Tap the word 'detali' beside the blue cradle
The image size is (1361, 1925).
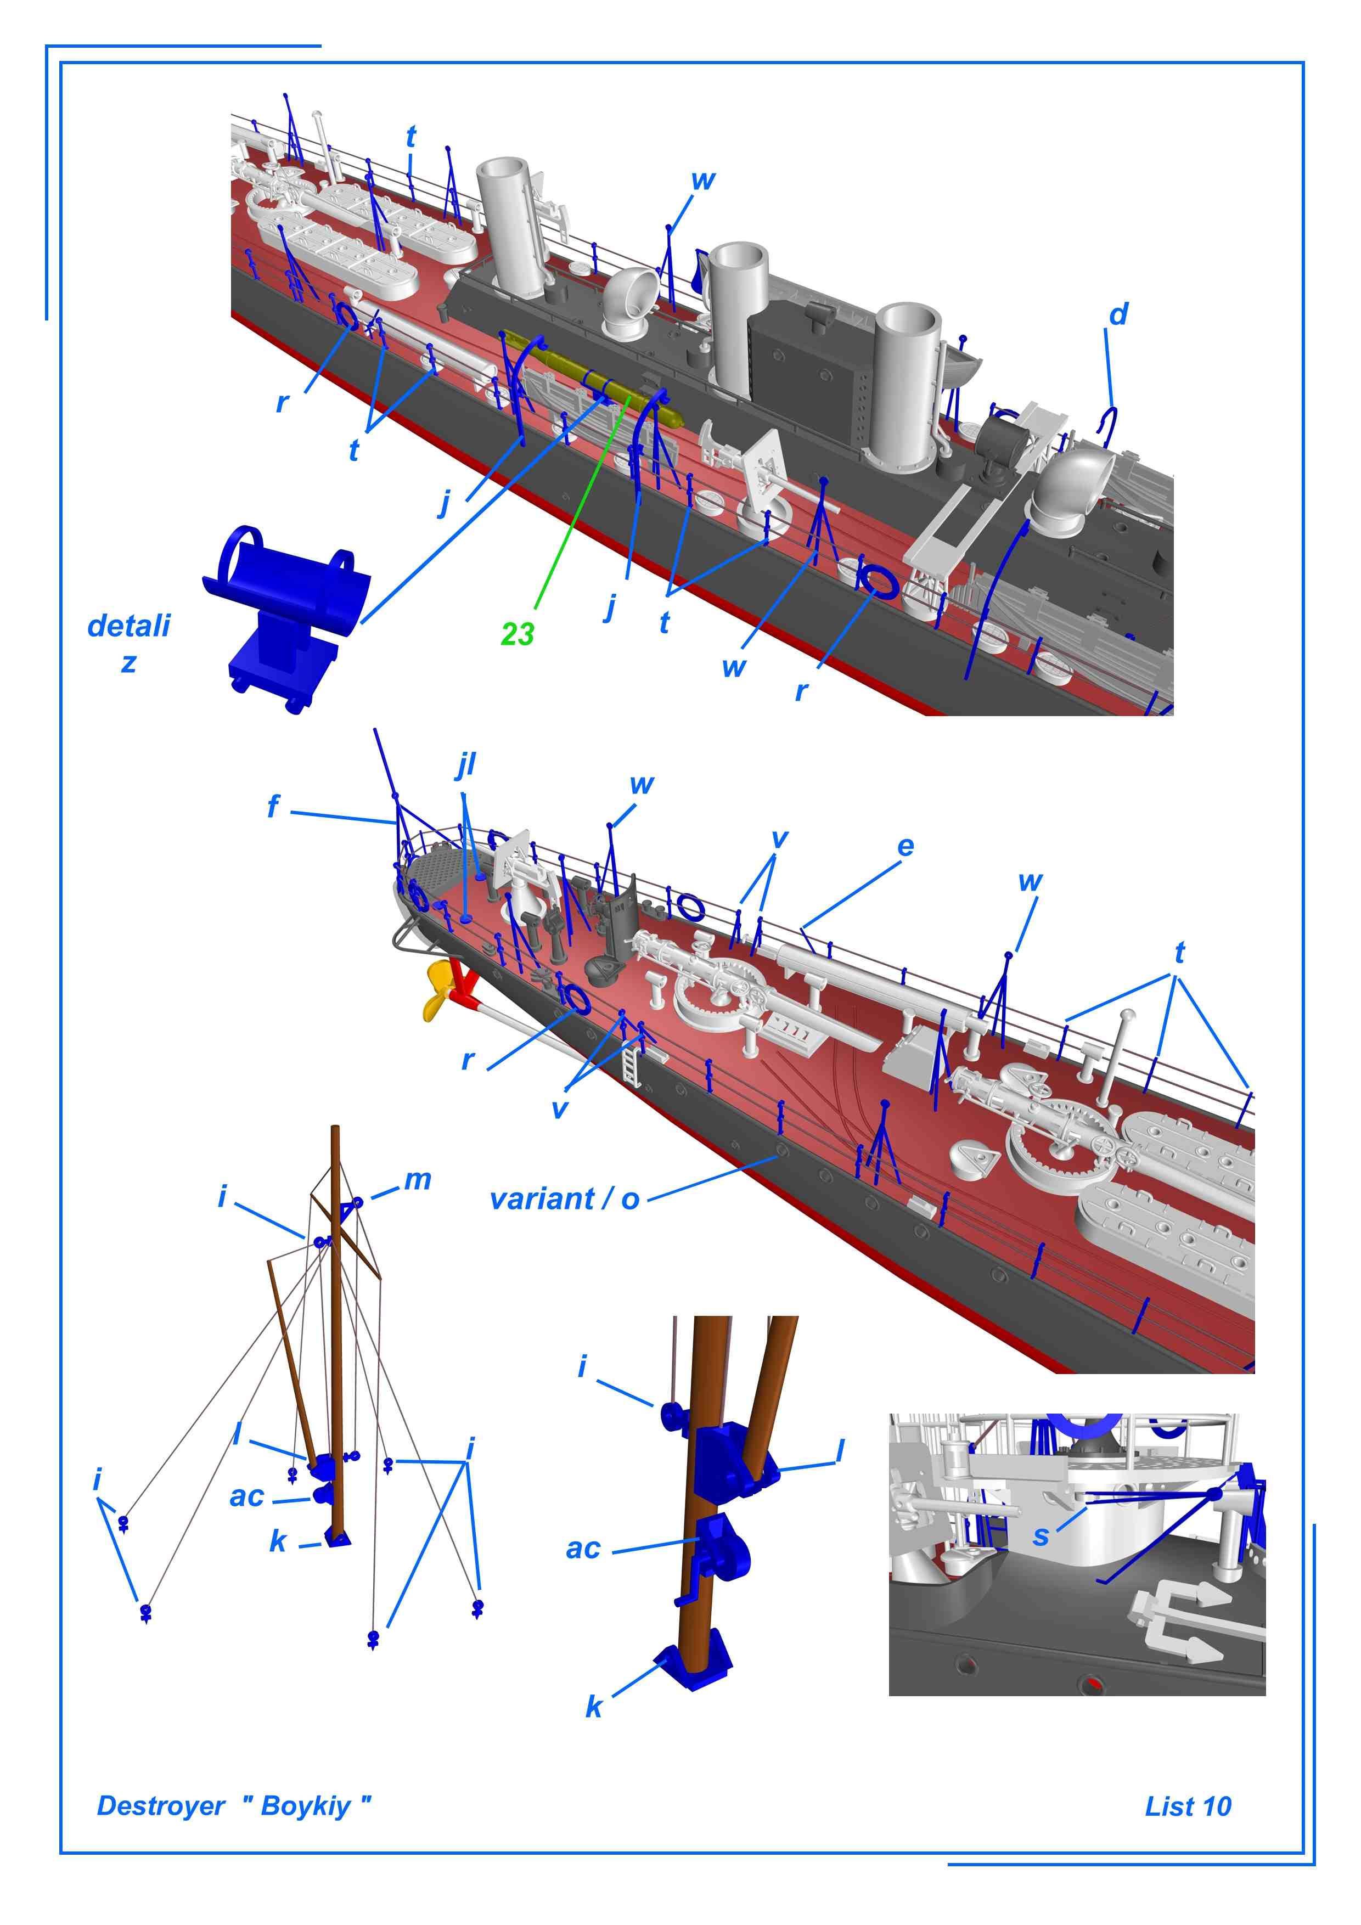click(128, 626)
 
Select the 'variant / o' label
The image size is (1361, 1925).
click(564, 1199)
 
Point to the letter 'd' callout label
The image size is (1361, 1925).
click(1118, 315)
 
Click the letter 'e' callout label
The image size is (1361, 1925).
click(905, 846)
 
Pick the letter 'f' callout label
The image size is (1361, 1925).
click(273, 807)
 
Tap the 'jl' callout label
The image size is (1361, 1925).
click(466, 764)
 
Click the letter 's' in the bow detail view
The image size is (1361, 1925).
click(1041, 1535)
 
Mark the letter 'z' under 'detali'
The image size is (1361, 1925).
click(128, 663)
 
